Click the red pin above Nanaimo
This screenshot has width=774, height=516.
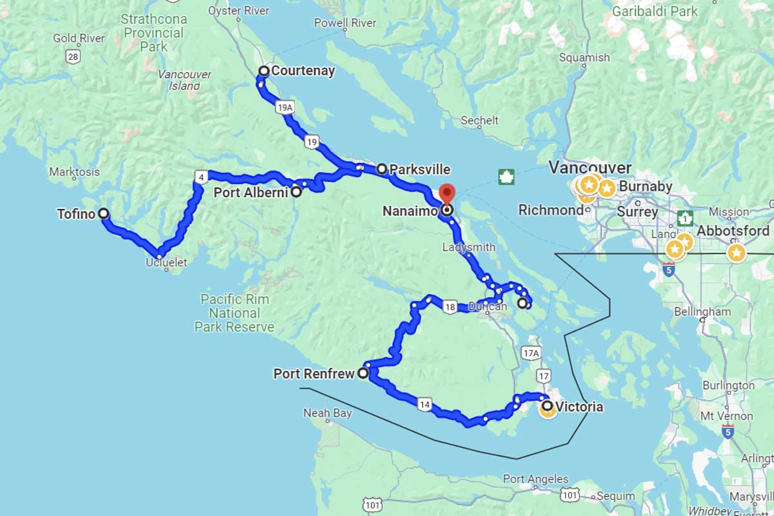pos(446,193)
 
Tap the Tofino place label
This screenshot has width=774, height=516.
pos(76,214)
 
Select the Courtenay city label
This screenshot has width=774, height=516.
pos(303,71)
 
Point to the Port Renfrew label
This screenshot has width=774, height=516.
pos(314,373)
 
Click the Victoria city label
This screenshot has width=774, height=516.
pos(579,407)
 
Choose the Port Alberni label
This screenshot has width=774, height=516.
pos(251,192)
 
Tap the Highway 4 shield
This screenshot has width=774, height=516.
pos(202,177)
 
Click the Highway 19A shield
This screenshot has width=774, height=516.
pos(285,108)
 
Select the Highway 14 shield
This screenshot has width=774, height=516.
pos(424,404)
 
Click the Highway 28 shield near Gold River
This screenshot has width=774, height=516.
pos(73,57)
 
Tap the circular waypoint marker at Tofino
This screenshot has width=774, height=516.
pos(103,214)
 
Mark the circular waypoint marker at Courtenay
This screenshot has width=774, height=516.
pos(264,71)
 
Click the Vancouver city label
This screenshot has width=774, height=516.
pos(590,168)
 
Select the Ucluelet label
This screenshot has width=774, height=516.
pos(166,262)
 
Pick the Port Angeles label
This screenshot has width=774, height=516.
pos(535,479)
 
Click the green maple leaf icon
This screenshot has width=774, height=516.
pos(507,177)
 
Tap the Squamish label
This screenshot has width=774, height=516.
pos(584,57)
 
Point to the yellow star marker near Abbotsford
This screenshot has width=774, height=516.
pos(736,253)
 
